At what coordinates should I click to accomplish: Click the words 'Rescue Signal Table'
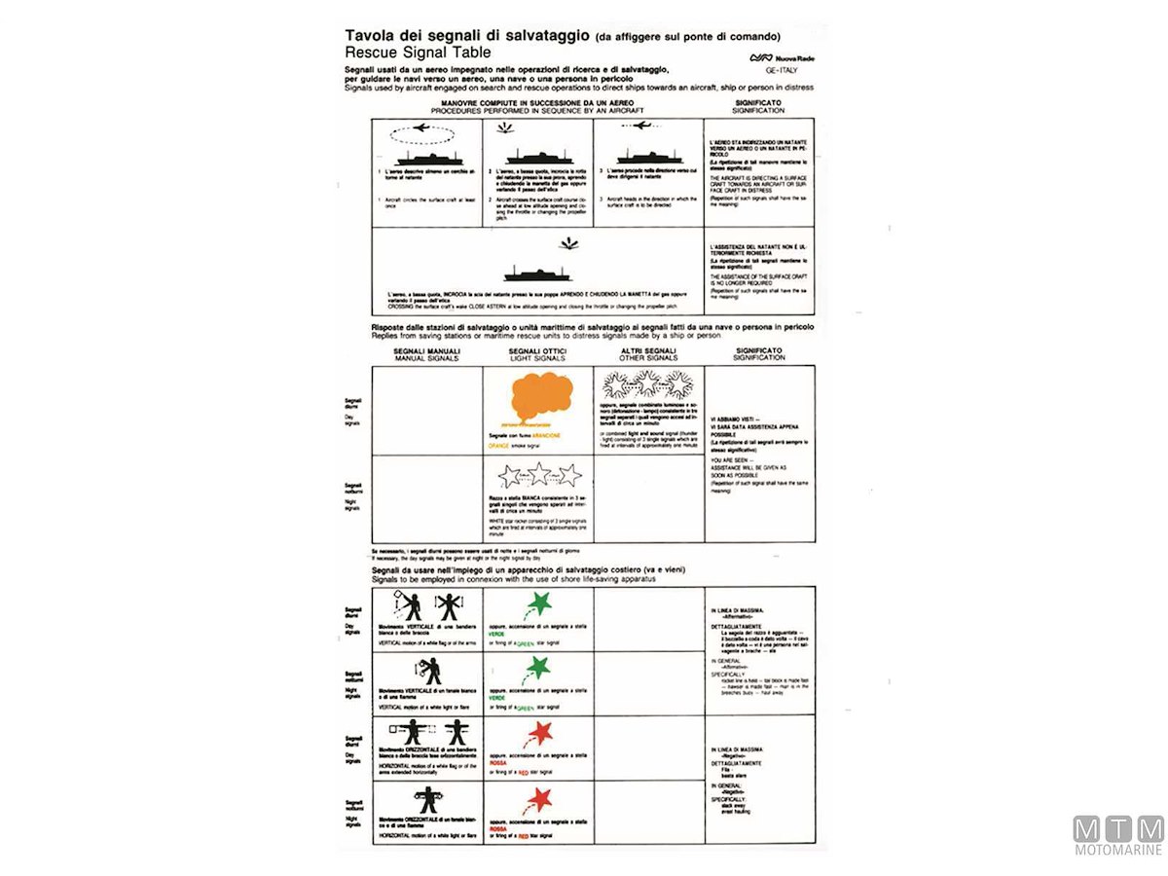(x=418, y=53)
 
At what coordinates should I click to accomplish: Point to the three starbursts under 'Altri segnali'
(x=648, y=385)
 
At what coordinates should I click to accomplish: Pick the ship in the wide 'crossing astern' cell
(x=537, y=274)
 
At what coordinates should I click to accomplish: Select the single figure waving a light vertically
(x=428, y=670)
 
